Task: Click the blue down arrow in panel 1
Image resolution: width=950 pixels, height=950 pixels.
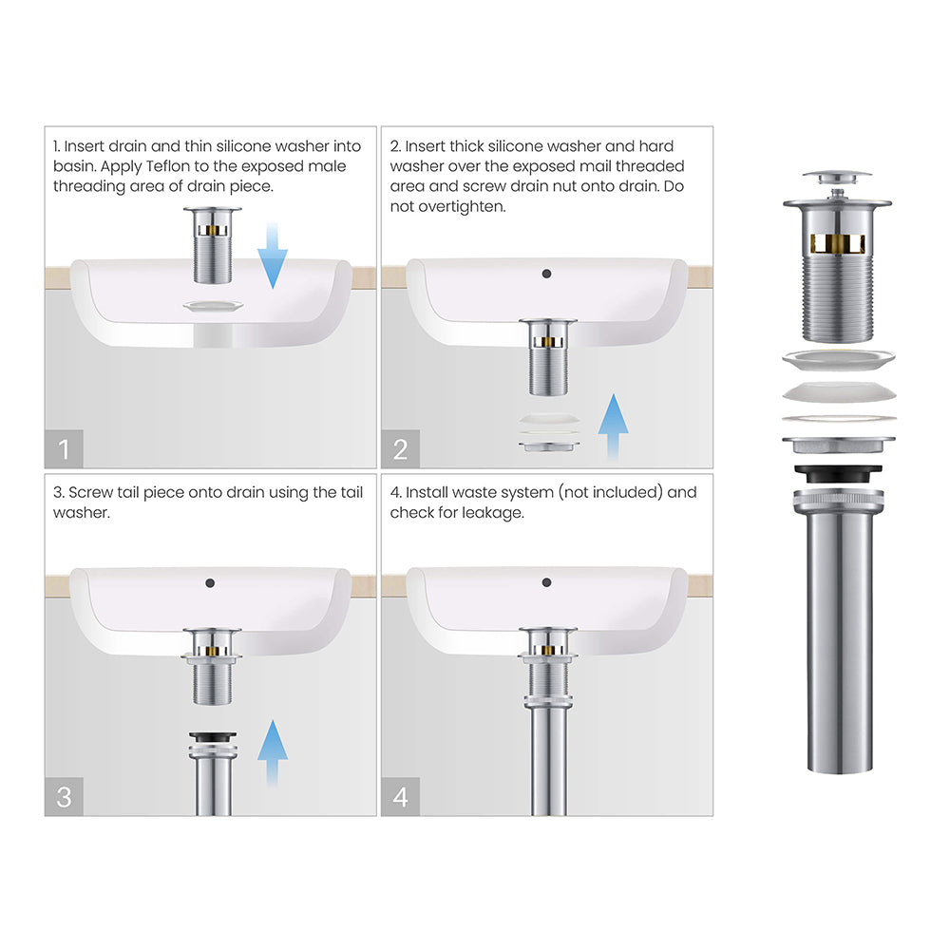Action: click(x=272, y=256)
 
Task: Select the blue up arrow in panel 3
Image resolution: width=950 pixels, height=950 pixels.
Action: click(x=272, y=752)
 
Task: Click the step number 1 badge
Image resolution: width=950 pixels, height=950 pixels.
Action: click(x=64, y=449)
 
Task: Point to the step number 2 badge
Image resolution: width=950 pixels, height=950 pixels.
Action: click(x=401, y=449)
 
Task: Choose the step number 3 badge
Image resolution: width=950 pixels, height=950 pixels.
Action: click(x=64, y=797)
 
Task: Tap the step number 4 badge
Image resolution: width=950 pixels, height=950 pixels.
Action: click(x=401, y=797)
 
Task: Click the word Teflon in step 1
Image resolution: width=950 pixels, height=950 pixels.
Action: click(x=168, y=166)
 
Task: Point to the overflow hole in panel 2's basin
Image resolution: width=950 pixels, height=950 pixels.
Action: click(x=546, y=274)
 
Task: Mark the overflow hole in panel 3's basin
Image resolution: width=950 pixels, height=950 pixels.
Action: click(x=210, y=583)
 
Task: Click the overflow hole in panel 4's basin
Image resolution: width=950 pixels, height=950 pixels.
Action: click(x=546, y=582)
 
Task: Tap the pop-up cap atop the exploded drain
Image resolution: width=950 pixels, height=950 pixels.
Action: click(x=837, y=177)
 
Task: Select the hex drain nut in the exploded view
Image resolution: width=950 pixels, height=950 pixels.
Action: click(x=839, y=445)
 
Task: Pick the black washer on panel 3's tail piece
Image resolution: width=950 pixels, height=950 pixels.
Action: click(x=213, y=737)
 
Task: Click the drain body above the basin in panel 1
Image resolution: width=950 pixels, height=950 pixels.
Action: click(x=213, y=245)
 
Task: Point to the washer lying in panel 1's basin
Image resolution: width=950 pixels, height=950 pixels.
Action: click(x=213, y=306)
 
